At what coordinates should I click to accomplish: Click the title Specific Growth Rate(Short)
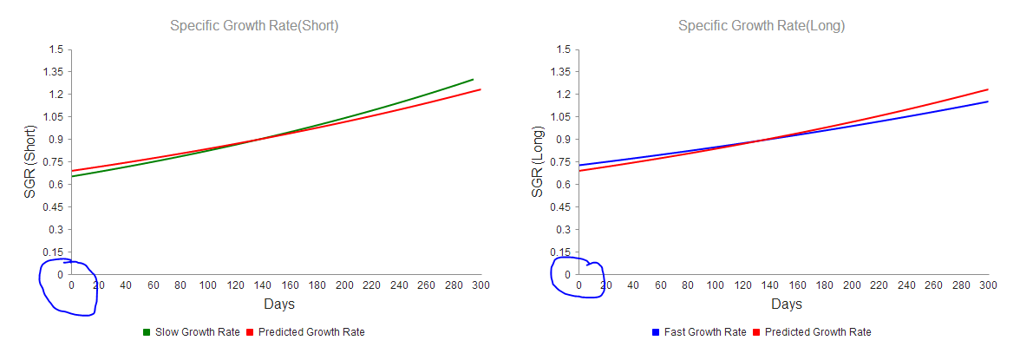coord(254,26)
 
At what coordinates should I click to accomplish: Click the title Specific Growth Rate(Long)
coord(761,26)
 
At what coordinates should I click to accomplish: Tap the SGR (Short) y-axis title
coord(30,161)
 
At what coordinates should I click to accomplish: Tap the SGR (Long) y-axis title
coord(538,161)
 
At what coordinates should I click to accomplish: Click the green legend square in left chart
coord(147,332)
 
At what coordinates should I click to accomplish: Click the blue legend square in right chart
coord(655,332)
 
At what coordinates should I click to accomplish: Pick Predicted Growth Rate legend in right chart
coord(818,332)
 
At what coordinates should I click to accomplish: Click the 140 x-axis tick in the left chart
coord(262,285)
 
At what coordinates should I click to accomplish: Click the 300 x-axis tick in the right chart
coord(988,285)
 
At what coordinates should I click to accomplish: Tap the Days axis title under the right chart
coord(787,304)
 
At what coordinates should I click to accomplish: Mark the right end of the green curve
coord(474,80)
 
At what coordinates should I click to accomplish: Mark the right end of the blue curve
coord(988,101)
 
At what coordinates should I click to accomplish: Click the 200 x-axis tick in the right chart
coord(851,285)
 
